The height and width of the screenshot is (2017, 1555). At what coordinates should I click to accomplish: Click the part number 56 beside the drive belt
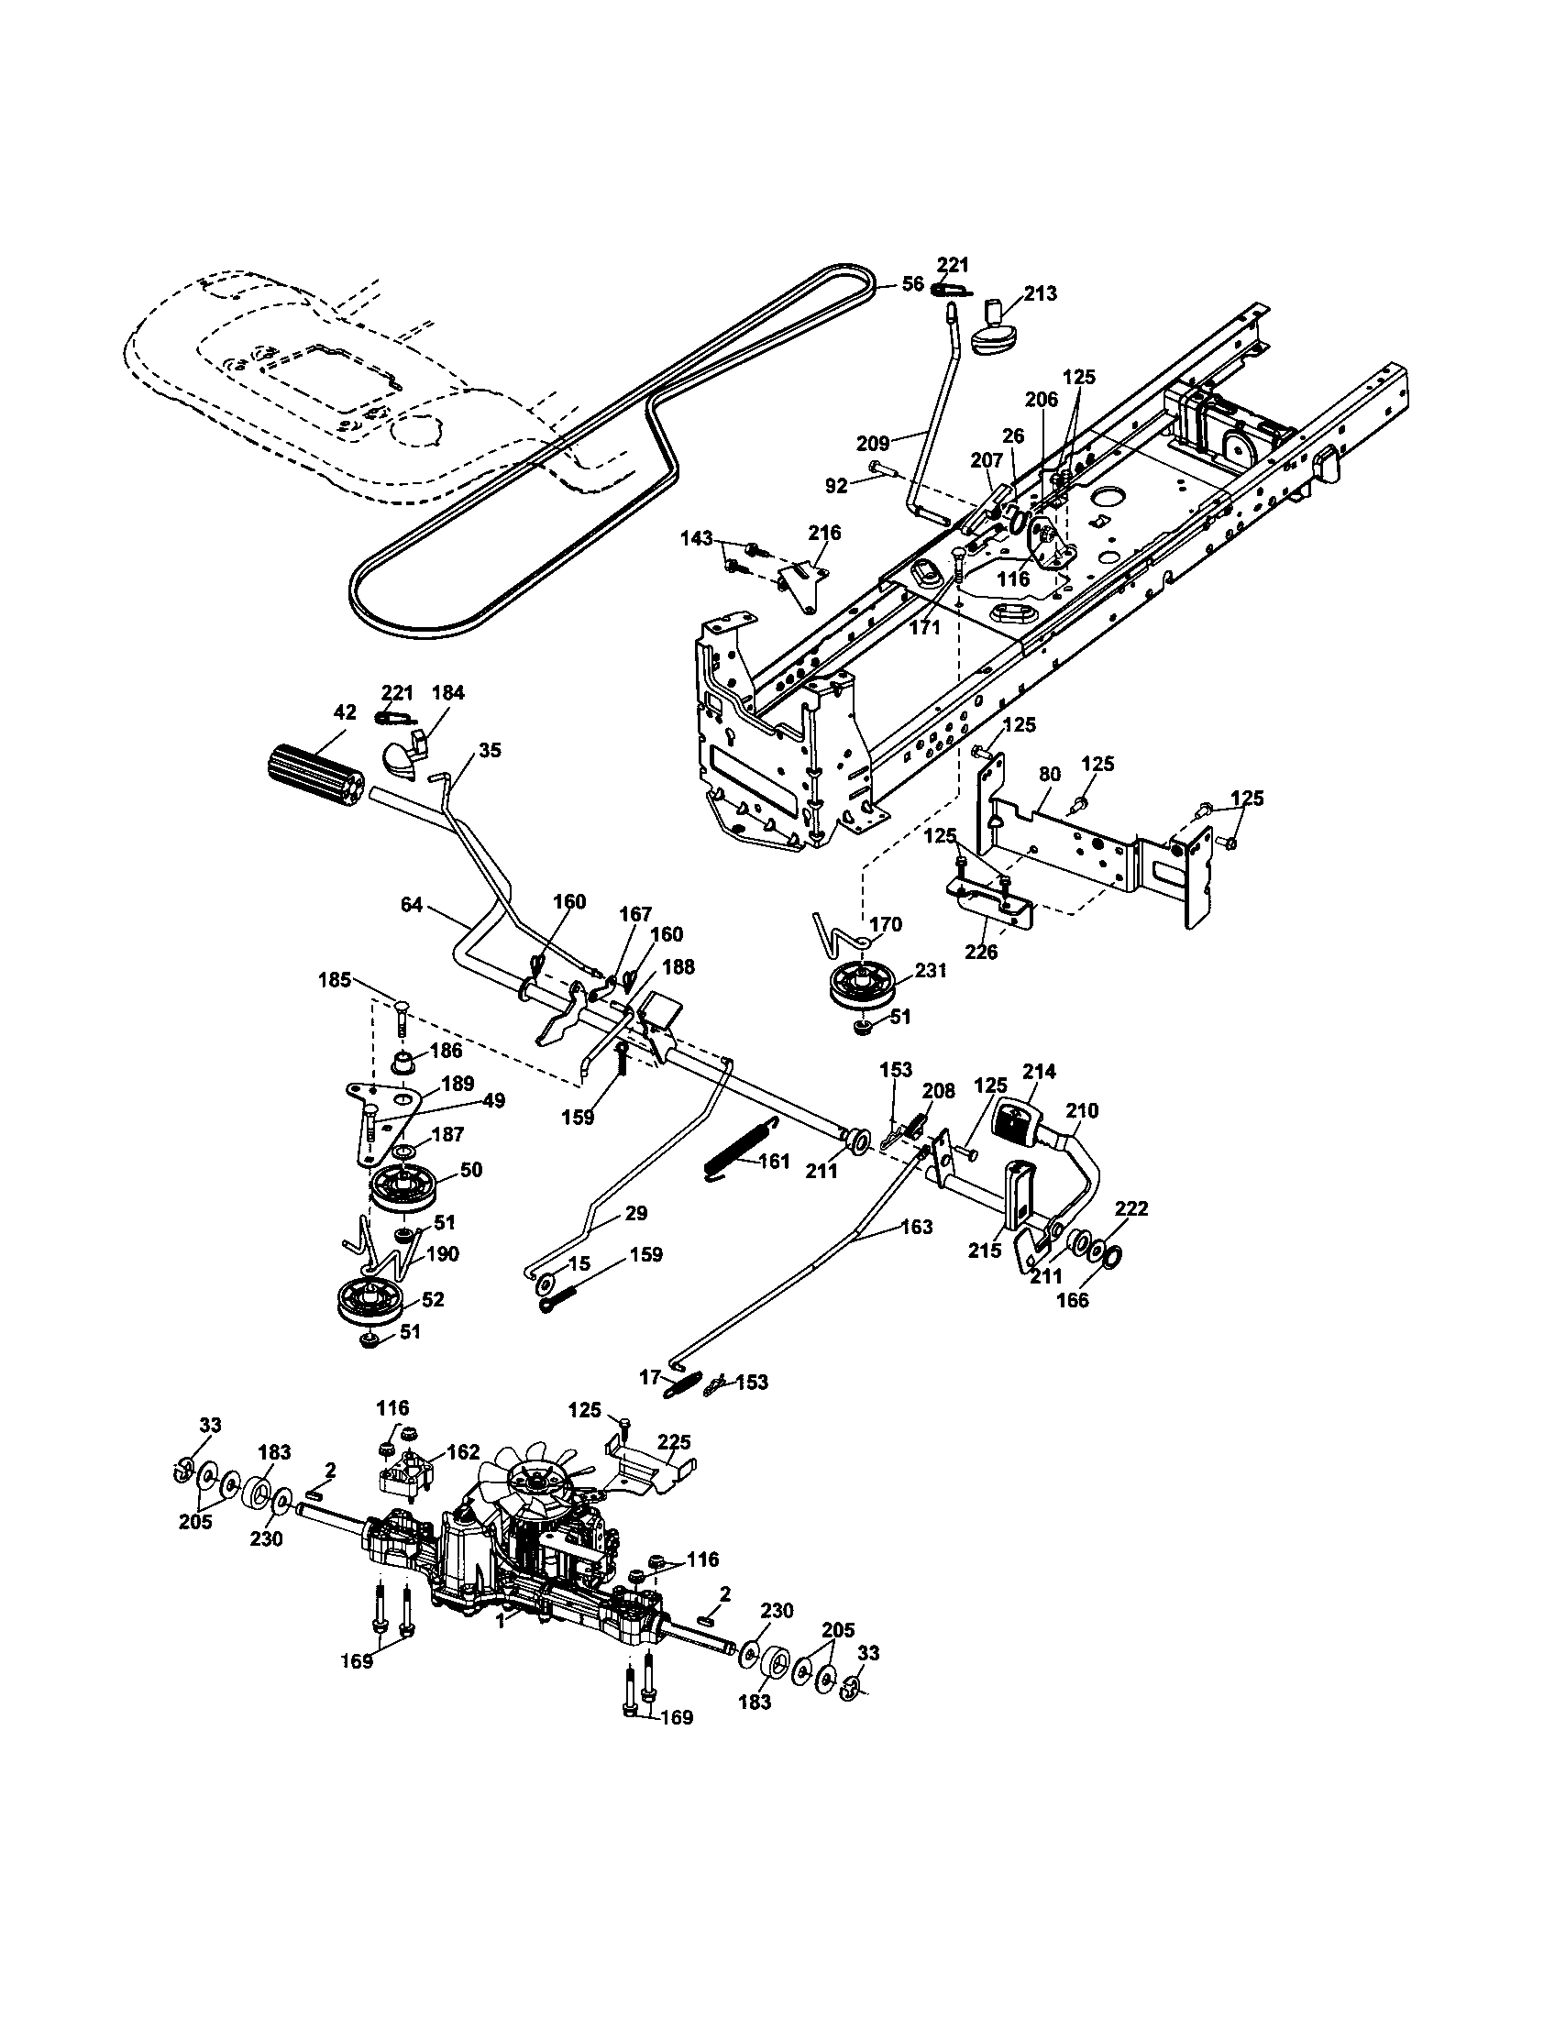pyautogui.click(x=912, y=283)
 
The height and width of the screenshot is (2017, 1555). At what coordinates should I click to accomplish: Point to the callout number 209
pyautogui.click(x=873, y=445)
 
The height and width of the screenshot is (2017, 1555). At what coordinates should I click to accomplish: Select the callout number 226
pyautogui.click(x=981, y=951)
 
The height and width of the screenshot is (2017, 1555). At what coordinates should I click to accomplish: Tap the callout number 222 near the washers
pyautogui.click(x=1131, y=1210)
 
